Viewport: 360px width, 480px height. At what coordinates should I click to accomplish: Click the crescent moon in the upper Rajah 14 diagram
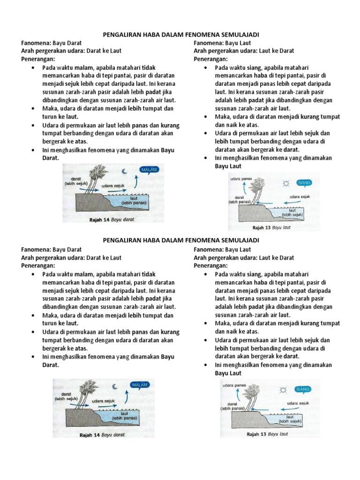pyautogui.click(x=125, y=171)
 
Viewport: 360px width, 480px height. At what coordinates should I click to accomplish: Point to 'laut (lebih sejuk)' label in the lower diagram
pyautogui.click(x=290, y=420)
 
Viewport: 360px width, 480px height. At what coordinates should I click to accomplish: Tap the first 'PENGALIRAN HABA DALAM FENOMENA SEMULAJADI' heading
pyautogui.click(x=180, y=35)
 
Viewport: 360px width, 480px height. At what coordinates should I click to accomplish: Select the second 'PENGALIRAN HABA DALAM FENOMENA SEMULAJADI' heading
pyautogui.click(x=180, y=240)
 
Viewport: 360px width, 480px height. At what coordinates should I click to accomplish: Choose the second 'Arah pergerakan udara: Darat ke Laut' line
pyautogui.click(x=72, y=258)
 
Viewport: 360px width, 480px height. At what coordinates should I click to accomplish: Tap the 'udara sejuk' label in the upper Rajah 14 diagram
pyautogui.click(x=112, y=186)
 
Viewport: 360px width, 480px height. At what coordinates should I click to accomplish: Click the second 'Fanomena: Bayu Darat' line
pyautogui.click(x=52, y=249)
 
